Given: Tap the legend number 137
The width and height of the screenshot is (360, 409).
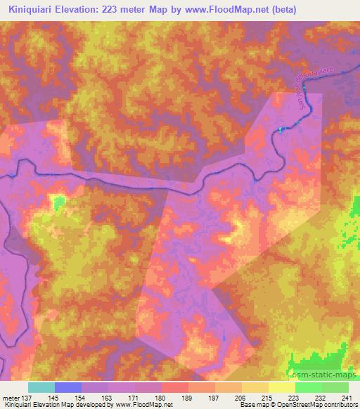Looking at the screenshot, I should pos(26,398).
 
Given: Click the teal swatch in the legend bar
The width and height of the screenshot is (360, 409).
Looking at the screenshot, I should pos(41,387).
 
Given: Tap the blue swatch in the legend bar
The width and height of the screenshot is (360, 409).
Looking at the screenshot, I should pos(68,387).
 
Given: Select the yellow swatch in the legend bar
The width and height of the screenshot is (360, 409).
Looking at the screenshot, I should pos(282,387).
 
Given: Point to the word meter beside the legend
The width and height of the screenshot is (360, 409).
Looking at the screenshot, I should pos(10,398).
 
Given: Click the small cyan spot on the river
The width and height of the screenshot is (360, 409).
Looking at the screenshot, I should pos(282,129).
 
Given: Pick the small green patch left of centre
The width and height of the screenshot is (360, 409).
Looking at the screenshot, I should pos(58,202).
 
